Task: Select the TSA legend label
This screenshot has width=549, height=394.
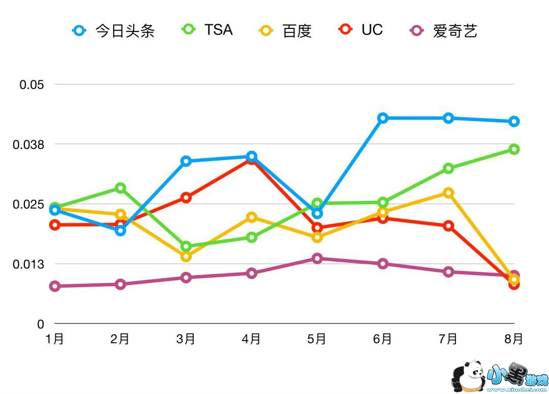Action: pos(208,30)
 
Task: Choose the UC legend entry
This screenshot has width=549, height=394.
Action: pos(360,30)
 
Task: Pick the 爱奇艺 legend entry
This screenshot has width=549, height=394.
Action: pos(444,31)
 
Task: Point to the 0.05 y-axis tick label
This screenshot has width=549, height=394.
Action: pos(32,84)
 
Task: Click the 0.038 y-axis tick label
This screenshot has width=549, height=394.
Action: pos(28,144)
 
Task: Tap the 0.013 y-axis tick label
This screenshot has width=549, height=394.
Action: pos(28,264)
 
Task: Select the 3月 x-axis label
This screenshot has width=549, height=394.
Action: pos(186,339)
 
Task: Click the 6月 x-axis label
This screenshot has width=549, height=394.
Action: pos(383,339)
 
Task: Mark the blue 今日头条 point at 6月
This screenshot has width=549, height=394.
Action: pos(383,118)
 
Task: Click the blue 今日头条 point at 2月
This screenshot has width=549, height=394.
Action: pos(120,231)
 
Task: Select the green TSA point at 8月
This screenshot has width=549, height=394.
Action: pos(514,149)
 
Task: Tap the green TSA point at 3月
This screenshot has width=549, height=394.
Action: pos(186,247)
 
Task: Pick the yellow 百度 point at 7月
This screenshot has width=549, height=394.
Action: pos(448,193)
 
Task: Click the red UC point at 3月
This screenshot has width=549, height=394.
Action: pos(186,197)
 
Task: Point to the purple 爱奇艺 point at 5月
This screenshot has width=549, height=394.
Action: pos(317,258)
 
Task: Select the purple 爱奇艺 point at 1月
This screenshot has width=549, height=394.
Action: pos(55,286)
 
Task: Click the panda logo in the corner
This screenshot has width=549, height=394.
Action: pos(468,377)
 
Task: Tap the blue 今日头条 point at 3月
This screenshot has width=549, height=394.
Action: pos(186,161)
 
